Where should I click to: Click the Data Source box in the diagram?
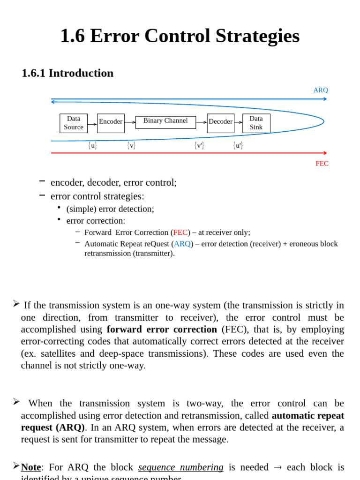pyautogui.click(x=74, y=123)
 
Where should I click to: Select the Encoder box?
pyautogui.click(x=111, y=123)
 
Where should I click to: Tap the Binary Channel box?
pyautogui.click(x=165, y=122)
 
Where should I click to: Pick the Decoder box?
pyautogui.click(x=220, y=123)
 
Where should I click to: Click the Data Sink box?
pyautogui.click(x=256, y=123)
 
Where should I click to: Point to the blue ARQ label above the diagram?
pyautogui.click(x=321, y=90)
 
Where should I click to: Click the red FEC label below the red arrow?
pyautogui.click(x=322, y=164)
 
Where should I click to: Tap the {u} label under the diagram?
pyautogui.click(x=93, y=146)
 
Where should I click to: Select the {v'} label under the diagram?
pyautogui.click(x=199, y=146)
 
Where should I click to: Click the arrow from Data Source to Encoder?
pyautogui.click(x=92, y=124)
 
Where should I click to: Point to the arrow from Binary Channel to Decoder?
pyautogui.click(x=202, y=122)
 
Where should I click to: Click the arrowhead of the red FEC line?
pyautogui.click(x=325, y=153)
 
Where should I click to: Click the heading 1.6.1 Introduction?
pyautogui.click(x=67, y=73)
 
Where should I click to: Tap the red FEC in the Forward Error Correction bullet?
pyautogui.click(x=180, y=232)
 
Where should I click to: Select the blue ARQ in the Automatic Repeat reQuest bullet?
pyautogui.click(x=182, y=244)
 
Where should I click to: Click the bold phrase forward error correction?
pyautogui.click(x=162, y=330)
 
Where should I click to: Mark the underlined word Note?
pyautogui.click(x=31, y=467)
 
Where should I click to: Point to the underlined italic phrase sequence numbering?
pyautogui.click(x=180, y=467)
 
